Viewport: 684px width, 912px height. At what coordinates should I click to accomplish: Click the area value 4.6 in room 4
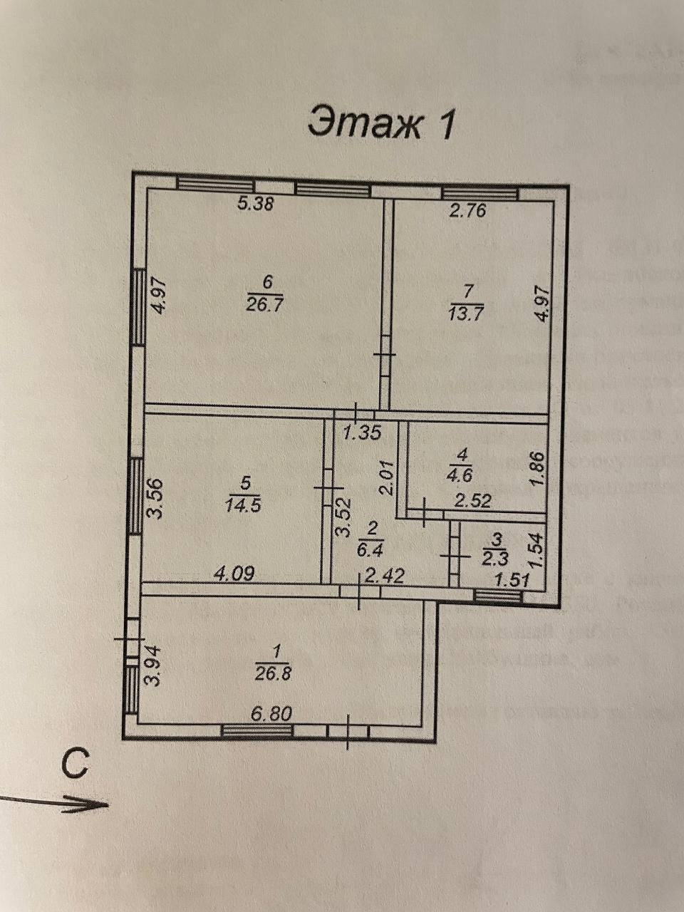463,470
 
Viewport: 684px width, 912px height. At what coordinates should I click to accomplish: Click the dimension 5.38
255,204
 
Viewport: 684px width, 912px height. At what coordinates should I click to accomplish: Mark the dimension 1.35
364,431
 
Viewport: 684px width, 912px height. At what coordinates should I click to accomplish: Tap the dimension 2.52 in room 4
473,501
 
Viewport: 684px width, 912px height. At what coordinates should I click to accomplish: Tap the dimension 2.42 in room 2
385,574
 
